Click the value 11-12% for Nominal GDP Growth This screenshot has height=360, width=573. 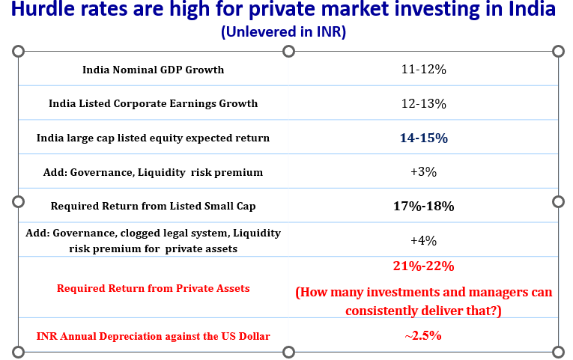point(423,70)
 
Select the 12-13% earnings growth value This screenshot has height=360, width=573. point(423,104)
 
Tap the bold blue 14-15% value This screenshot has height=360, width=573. point(423,138)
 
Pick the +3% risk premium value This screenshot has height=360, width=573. point(423,172)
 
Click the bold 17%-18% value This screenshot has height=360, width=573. point(423,206)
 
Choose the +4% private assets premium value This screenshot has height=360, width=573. point(423,240)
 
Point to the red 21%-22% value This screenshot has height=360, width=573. point(423,266)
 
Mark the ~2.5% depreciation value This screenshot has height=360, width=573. point(423,336)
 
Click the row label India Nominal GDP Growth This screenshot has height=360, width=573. point(153,70)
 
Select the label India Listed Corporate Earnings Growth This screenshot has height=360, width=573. point(153,104)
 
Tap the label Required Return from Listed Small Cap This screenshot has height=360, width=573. point(153,206)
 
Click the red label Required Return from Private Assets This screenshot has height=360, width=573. point(153,288)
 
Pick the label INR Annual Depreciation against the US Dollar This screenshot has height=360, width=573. point(153,336)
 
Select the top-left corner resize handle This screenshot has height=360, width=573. point(19,51)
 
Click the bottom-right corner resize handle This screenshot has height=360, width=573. point(557,352)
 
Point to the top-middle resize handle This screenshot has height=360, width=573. point(288,51)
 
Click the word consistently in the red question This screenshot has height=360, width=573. point(389,308)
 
